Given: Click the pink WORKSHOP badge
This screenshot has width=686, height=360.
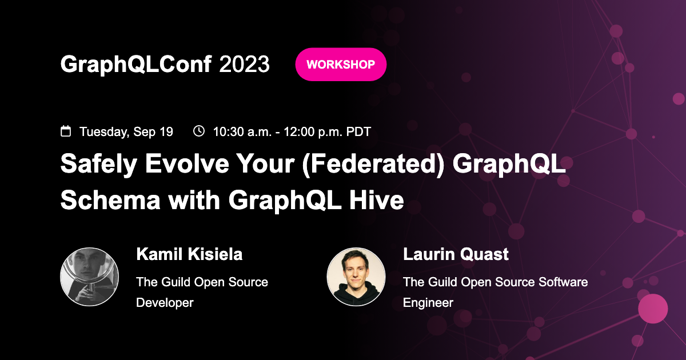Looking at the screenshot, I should (x=341, y=65).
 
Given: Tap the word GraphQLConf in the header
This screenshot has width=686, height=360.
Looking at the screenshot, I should (x=136, y=65).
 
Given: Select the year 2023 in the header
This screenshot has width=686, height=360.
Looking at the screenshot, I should (x=244, y=65).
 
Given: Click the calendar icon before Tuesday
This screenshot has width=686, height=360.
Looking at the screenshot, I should (x=66, y=131).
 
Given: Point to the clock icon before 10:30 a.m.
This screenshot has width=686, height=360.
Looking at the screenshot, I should (x=199, y=131).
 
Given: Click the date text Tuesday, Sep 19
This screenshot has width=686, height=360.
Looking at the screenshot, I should (x=126, y=132).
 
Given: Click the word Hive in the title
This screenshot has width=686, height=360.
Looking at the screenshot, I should (x=381, y=201).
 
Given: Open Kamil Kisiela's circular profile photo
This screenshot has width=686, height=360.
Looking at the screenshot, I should (x=89, y=277).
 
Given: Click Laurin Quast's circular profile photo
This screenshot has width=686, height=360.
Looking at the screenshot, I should (x=356, y=277).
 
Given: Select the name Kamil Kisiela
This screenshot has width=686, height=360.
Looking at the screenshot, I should (x=189, y=254).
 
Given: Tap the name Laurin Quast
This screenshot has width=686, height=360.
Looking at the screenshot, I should (x=456, y=254).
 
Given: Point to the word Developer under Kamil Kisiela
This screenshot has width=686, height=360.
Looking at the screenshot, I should (x=165, y=302).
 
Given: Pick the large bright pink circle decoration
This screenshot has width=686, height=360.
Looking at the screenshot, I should (x=653, y=309).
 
